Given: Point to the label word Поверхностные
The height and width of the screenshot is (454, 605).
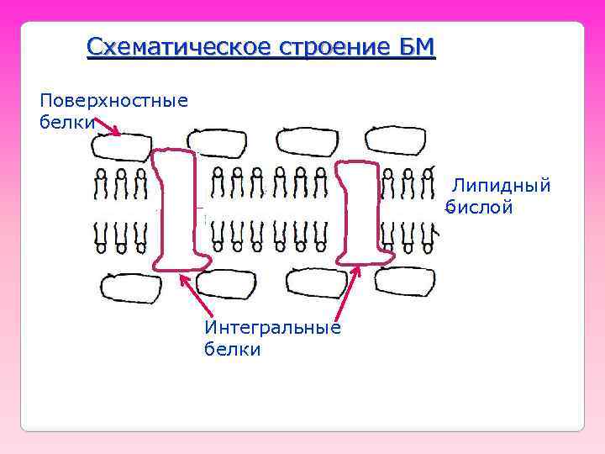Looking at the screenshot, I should point(113,101).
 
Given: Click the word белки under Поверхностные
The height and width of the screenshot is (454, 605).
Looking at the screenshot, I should point(64,122).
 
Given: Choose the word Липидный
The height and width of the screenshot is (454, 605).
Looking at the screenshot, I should point(502,185).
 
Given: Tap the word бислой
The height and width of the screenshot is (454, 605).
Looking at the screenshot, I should point(479,207).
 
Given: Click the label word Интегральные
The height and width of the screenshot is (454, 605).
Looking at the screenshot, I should point(272,328).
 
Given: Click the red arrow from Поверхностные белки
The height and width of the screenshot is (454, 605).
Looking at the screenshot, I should point(108,127).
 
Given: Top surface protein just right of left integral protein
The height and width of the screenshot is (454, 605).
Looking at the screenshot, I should point(220,143).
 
